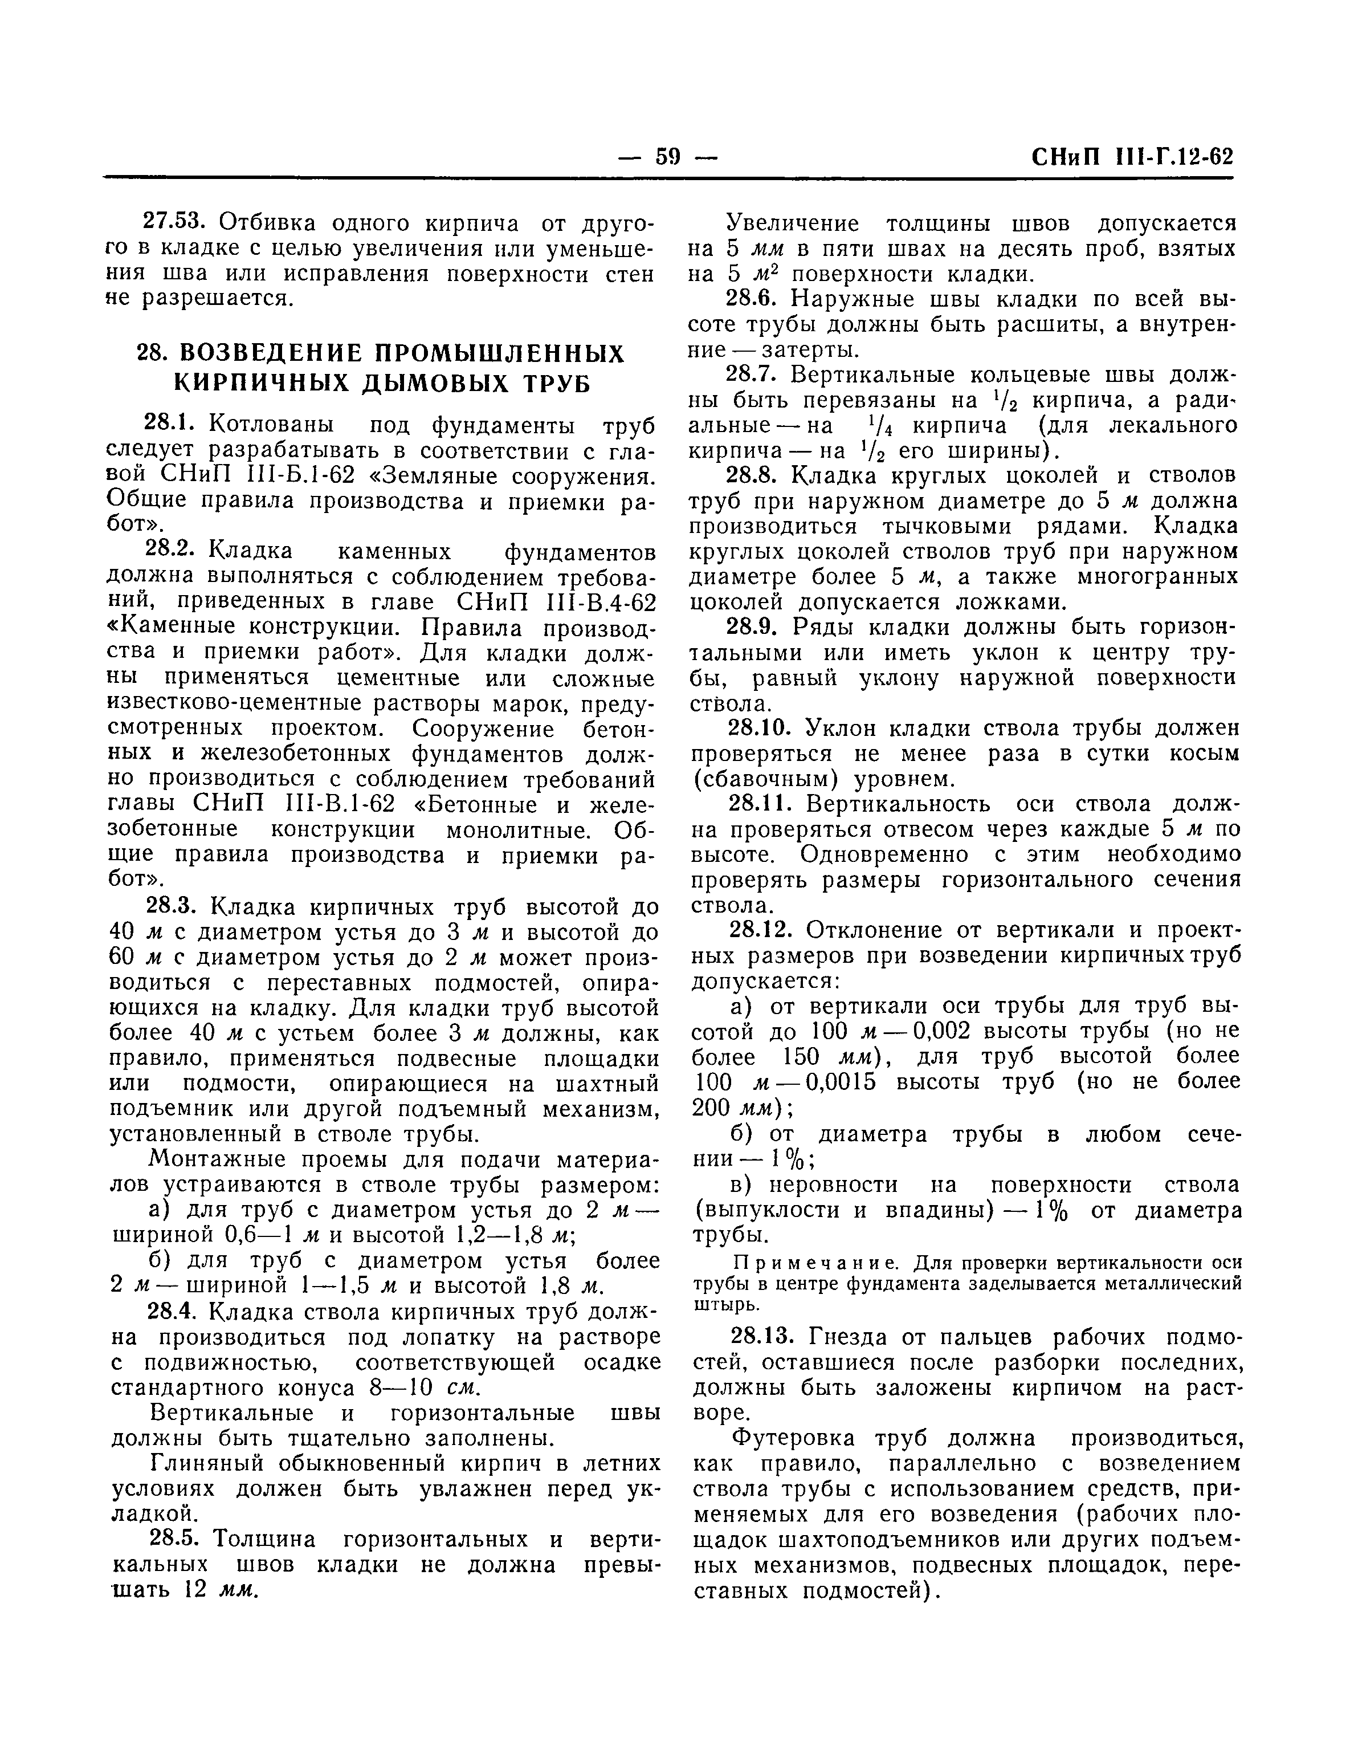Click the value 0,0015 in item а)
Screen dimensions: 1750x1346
[x=837, y=1082]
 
